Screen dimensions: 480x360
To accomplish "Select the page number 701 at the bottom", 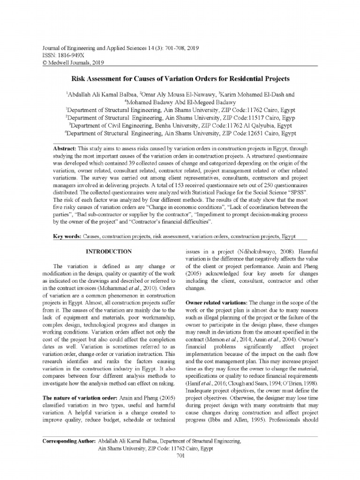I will click(x=180, y=456).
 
